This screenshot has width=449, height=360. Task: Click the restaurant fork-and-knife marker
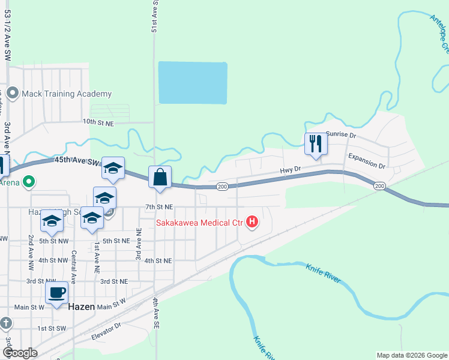tap(315, 144)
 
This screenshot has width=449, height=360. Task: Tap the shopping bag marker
tap(160, 178)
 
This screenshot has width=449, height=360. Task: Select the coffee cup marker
tap(57, 293)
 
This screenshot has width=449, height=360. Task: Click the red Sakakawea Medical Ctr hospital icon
tap(253, 223)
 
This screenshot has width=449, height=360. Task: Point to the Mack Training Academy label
tap(67, 94)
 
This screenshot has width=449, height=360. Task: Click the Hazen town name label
tap(81, 306)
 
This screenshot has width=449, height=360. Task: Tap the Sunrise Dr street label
tap(341, 136)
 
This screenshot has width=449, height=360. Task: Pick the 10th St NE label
tap(98, 122)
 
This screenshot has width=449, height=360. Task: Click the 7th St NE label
tap(159, 207)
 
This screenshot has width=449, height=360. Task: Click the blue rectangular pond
tap(192, 82)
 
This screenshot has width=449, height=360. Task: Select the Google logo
tap(19, 353)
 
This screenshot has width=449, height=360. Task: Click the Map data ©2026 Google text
tap(411, 355)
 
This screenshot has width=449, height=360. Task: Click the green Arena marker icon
tap(29, 181)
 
